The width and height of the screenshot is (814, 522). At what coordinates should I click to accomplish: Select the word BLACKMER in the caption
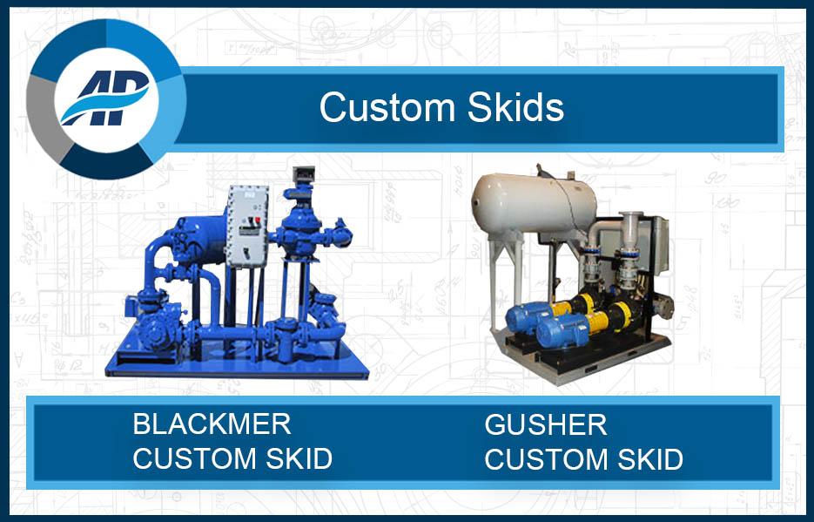(212, 424)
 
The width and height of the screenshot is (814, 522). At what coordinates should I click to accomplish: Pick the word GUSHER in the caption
(546, 425)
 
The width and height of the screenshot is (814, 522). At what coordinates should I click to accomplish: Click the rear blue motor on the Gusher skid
(526, 315)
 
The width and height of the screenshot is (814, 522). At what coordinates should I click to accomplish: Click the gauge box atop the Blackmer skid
(302, 177)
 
